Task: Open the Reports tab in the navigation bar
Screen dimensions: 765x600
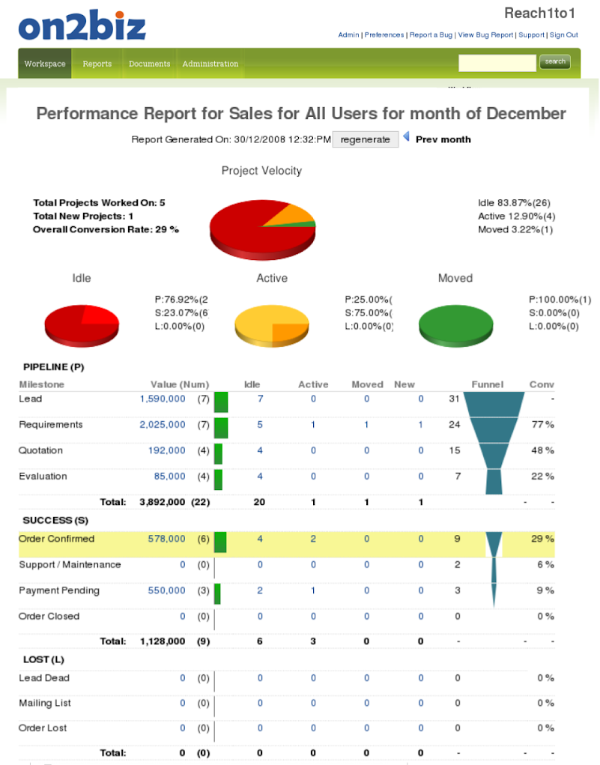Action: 97,64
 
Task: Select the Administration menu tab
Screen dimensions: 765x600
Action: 210,64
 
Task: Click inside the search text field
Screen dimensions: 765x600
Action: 497,62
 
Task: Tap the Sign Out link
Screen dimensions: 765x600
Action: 564,34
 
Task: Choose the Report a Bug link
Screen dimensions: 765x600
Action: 431,34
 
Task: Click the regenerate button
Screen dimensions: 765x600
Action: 366,139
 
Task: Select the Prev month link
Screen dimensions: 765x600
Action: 443,139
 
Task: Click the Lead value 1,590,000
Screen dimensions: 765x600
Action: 163,399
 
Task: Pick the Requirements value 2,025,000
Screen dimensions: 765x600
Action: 163,425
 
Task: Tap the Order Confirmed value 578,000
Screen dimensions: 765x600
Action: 166,539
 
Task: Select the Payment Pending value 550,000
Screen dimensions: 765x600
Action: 166,590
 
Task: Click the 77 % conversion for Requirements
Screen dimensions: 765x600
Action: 542,425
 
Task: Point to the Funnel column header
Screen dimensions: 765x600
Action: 488,384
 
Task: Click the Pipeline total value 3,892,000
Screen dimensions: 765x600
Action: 163,502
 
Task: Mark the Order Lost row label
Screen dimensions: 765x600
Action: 43,728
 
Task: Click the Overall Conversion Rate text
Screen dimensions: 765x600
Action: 106,229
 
